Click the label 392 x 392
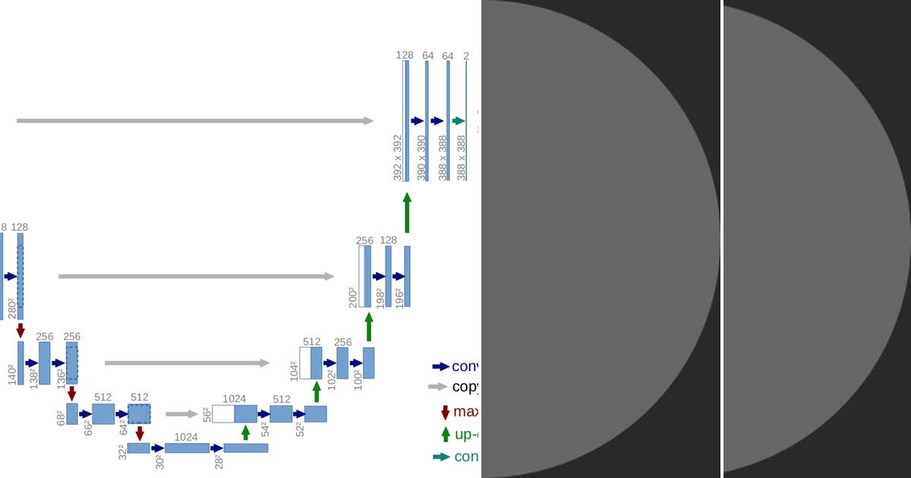pos(397,158)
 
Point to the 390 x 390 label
pos(421,158)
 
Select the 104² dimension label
pos(294,370)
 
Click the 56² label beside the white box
pos(206,414)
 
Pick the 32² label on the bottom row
pos(121,452)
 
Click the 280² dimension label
pos(12,308)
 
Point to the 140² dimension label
pos(12,374)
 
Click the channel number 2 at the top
pos(466,55)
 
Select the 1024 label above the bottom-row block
pos(186,437)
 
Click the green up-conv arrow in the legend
pos(445,435)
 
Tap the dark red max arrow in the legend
pos(445,412)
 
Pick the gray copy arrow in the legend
pos(439,386)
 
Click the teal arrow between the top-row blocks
pos(458,121)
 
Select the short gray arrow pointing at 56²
pos(181,414)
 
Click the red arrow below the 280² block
pos(20,330)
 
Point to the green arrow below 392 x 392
pos(407,212)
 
